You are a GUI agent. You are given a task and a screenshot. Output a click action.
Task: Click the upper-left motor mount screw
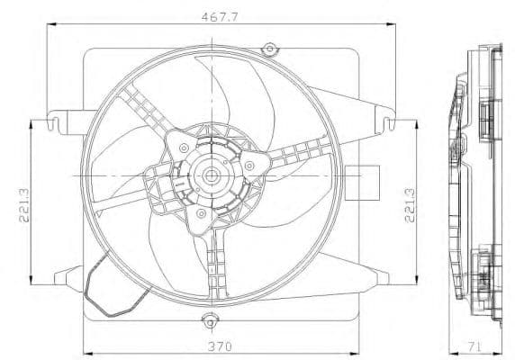184,147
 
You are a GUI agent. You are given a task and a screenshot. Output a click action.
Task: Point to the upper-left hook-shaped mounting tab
63,118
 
